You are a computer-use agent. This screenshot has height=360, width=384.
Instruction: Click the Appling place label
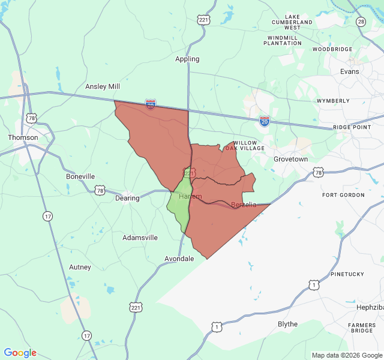click(x=187, y=59)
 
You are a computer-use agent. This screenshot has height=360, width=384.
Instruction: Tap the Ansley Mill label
click(x=103, y=86)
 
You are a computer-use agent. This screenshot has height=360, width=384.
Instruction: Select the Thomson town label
click(x=23, y=137)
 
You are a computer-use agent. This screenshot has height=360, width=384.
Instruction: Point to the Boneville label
click(x=80, y=176)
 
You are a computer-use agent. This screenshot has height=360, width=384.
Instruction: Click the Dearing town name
click(x=127, y=198)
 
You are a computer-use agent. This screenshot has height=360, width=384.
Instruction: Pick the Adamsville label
click(x=140, y=238)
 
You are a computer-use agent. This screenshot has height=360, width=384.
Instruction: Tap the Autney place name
click(x=80, y=267)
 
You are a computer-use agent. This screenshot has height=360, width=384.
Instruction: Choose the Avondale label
click(x=179, y=259)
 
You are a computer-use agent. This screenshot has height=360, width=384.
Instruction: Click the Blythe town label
click(x=287, y=324)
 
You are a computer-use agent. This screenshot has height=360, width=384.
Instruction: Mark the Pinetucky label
click(x=347, y=274)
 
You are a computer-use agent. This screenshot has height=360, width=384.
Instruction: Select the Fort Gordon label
click(x=343, y=195)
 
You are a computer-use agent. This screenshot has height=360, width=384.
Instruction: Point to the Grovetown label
click(x=290, y=159)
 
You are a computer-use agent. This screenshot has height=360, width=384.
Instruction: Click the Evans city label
click(x=349, y=71)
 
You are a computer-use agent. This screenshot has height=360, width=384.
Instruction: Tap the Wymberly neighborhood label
click(x=333, y=101)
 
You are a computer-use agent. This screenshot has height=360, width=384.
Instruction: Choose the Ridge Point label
click(x=352, y=127)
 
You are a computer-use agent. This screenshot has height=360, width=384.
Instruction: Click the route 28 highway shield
click(x=361, y=22)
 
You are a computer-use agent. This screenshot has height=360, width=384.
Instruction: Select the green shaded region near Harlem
click(x=178, y=207)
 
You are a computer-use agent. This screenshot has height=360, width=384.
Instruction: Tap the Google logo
click(x=20, y=353)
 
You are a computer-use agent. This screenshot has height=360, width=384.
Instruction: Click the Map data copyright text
click(x=347, y=355)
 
